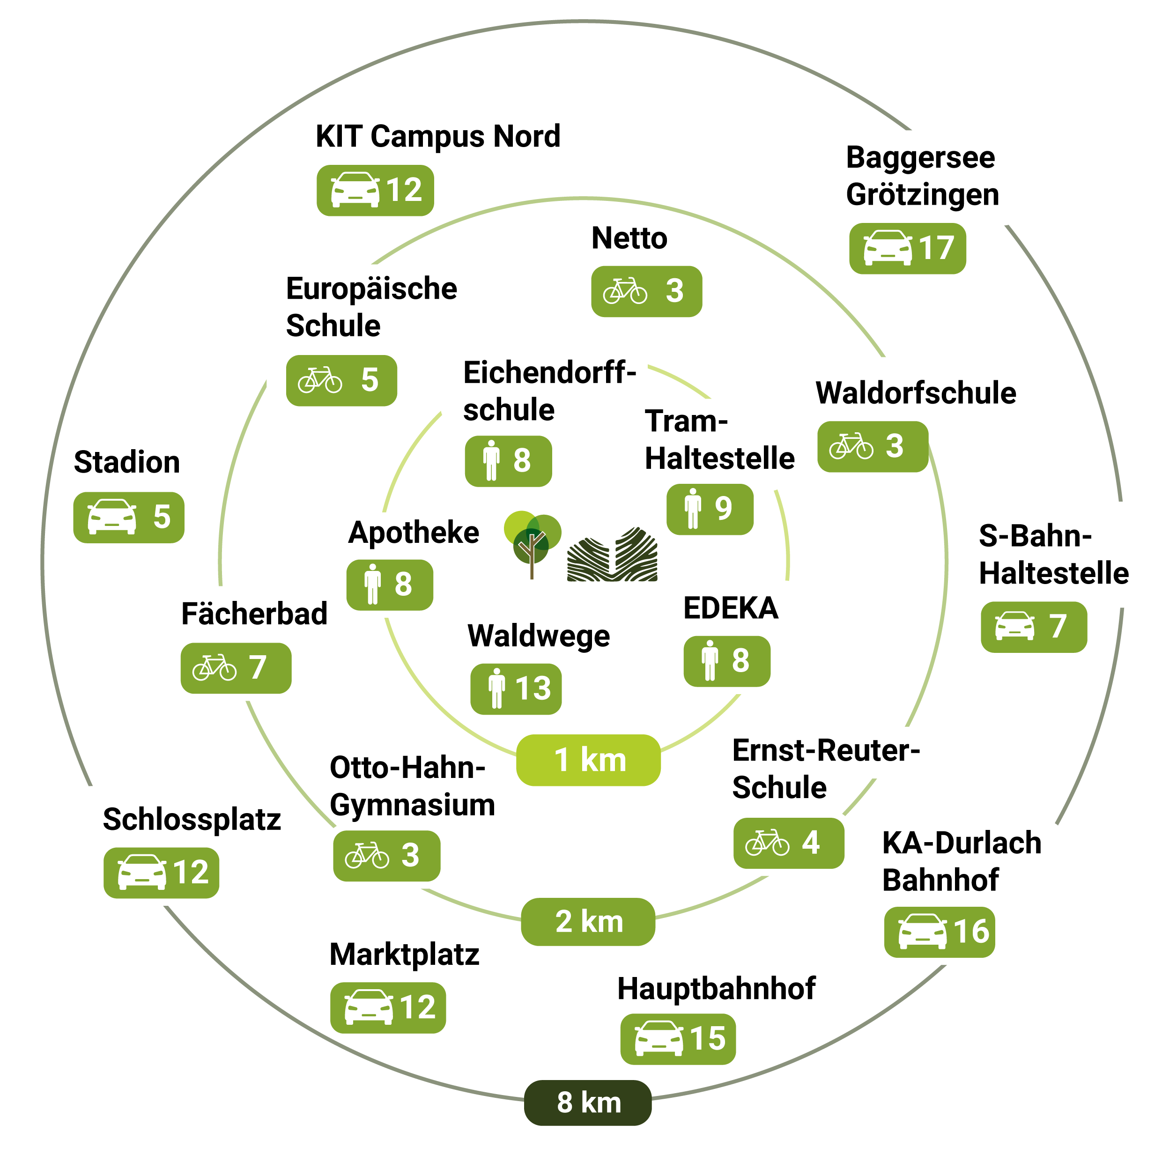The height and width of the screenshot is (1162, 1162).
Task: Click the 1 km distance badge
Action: (588, 760)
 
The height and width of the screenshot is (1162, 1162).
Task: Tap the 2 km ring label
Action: (588, 921)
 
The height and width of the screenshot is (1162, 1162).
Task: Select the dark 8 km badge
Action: (588, 1103)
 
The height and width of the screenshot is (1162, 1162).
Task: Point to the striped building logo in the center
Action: (612, 555)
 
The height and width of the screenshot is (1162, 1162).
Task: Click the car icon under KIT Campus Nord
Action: (355, 190)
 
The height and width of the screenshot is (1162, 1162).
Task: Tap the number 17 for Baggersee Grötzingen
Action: (936, 248)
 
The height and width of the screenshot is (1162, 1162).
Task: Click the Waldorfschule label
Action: (915, 393)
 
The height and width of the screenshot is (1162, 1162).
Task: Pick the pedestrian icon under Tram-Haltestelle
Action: (693, 509)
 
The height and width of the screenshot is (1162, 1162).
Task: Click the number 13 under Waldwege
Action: (533, 688)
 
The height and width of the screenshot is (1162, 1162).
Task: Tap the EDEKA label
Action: (731, 608)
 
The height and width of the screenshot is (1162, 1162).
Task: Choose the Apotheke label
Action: (414, 533)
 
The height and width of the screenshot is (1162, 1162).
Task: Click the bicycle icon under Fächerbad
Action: (214, 667)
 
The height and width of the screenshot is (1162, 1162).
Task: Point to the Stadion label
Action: (127, 462)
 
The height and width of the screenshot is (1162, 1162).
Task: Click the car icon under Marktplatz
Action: (368, 1007)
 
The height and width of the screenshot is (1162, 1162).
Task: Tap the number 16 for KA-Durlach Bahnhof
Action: (971, 931)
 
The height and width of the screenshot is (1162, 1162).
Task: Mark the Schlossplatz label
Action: (192, 819)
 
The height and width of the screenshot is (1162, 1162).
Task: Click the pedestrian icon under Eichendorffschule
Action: (491, 461)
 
